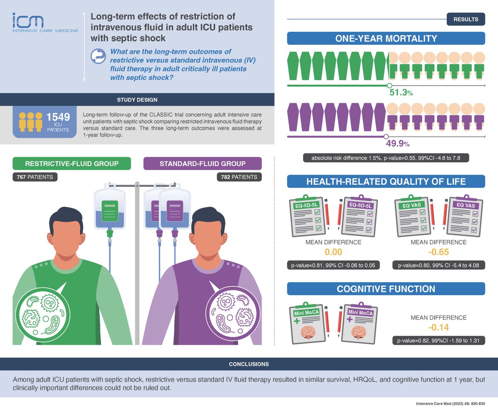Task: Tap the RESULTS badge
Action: point(466,20)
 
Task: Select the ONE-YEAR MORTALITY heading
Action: point(386,39)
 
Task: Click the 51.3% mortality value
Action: point(400,93)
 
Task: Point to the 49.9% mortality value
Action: point(398,144)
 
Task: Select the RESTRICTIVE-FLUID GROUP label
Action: point(72,164)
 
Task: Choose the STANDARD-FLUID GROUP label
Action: point(203,164)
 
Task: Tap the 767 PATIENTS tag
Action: point(35,177)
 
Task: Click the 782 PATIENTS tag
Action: point(239,177)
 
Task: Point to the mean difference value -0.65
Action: point(438,252)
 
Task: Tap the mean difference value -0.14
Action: point(438,328)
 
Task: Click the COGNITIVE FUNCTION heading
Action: point(386,289)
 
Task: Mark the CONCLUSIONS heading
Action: point(249,364)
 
